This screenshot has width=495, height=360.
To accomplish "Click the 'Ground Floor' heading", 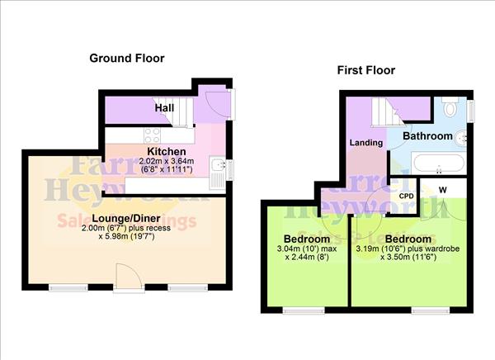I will coord(127,59).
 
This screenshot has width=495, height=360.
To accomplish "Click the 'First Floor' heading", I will coord(365,70).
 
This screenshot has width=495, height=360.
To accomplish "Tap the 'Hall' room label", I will coord(163,108).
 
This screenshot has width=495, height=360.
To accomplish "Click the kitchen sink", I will coord(216,172).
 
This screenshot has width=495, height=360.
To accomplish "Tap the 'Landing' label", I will coord(366,143).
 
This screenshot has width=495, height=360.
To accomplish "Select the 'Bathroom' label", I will coord(427,135).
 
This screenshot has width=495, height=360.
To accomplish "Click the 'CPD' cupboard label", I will coord(406,196).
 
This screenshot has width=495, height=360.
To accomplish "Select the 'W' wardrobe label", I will coord(443,189).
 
